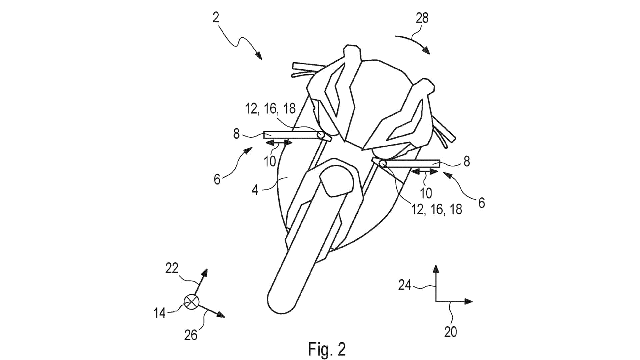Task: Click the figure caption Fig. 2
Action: pos(327,349)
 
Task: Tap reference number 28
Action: pos(422,18)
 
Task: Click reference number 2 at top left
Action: pos(216,18)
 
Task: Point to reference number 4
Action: pos(255,190)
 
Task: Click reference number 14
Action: pos(160,313)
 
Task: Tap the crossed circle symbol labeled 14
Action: pos(191,302)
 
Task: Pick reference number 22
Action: pos(172,268)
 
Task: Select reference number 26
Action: pos(191,335)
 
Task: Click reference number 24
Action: pos(405,285)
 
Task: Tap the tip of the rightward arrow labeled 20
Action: pos(473,301)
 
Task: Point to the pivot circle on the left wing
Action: pos(321,135)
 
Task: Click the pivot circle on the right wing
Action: pos(383,163)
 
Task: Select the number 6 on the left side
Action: pos(217,179)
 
